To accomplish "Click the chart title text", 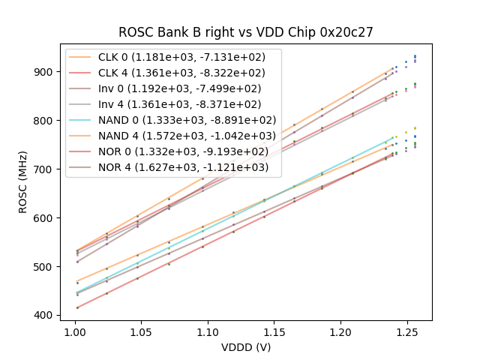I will (x=246, y=32).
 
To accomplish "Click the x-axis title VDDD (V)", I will (x=246, y=347).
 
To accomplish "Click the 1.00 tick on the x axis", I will (x=75, y=331).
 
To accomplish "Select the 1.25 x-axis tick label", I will (x=407, y=331).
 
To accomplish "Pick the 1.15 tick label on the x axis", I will (x=274, y=331).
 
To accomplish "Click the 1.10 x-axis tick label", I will (x=208, y=331).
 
